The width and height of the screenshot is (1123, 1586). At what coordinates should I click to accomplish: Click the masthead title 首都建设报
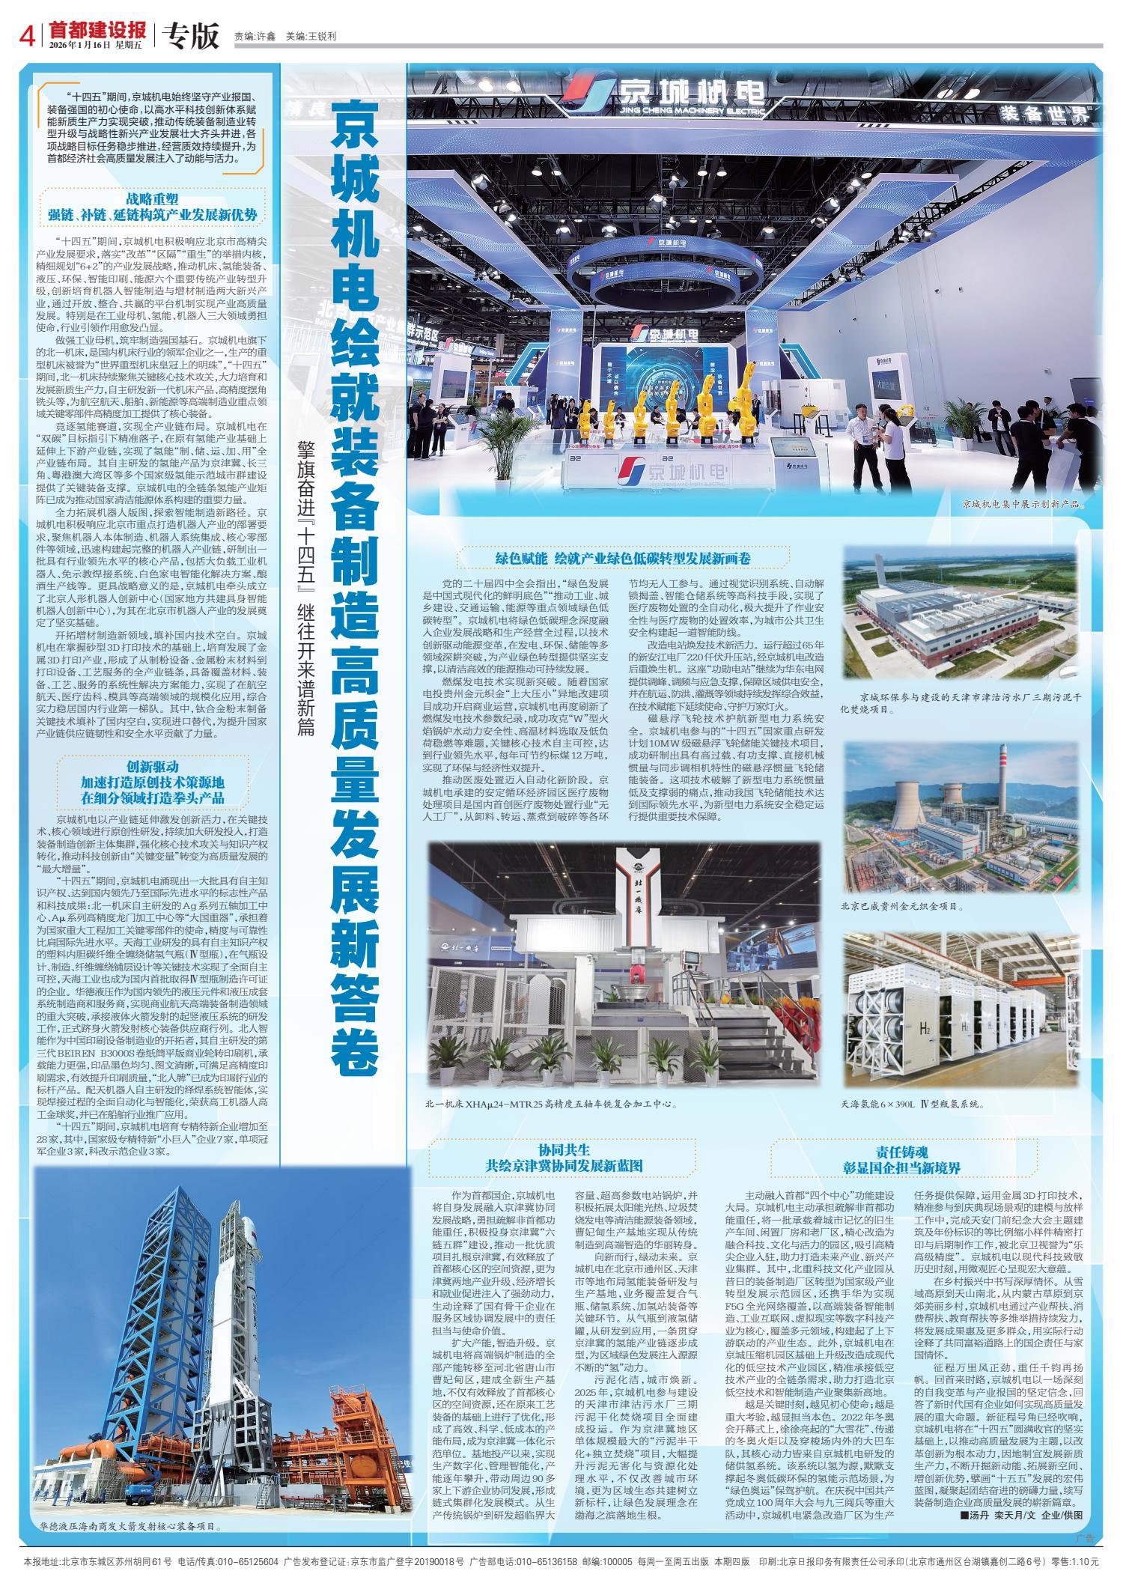pyautogui.click(x=97, y=30)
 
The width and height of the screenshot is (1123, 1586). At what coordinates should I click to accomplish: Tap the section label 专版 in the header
pyautogui.click(x=190, y=34)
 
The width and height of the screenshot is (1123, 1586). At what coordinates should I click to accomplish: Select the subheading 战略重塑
pyautogui.click(x=152, y=199)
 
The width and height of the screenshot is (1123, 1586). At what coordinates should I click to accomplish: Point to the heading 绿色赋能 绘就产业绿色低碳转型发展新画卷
pyautogui.click(x=622, y=559)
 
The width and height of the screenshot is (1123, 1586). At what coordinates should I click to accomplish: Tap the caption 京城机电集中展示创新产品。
pyautogui.click(x=1023, y=505)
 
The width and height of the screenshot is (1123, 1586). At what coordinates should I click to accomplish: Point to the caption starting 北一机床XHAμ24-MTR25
pyautogui.click(x=551, y=1104)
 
